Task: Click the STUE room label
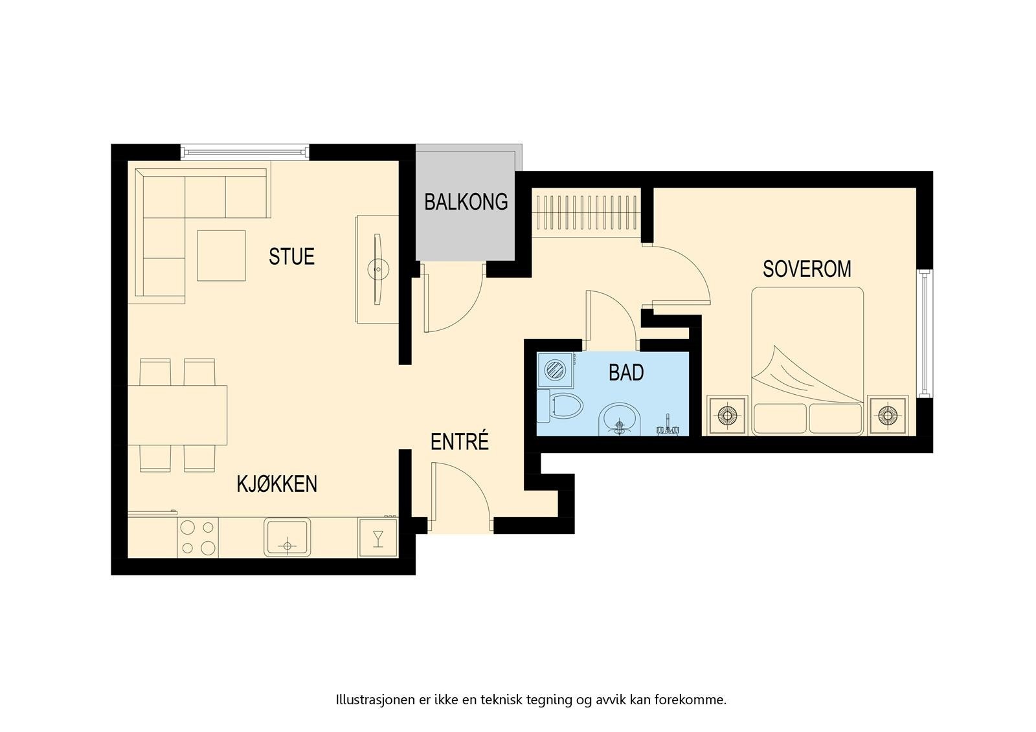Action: pyautogui.click(x=291, y=257)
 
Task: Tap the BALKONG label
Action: pyautogui.click(x=466, y=202)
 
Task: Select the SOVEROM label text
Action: pyautogui.click(x=807, y=269)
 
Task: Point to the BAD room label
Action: pyautogui.click(x=626, y=373)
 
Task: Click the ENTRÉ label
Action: pyautogui.click(x=459, y=441)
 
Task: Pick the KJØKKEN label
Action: pyautogui.click(x=277, y=484)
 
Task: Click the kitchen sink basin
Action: pyautogui.click(x=287, y=537)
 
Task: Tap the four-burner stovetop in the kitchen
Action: pyautogui.click(x=198, y=537)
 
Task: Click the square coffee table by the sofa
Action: pyautogui.click(x=221, y=256)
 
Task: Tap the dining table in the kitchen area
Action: pyautogui.click(x=177, y=416)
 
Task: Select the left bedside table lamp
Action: pyautogui.click(x=727, y=416)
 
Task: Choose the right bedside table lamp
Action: pyautogui.click(x=888, y=416)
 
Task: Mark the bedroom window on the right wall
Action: pyautogui.click(x=925, y=333)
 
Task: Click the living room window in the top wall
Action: pyautogui.click(x=245, y=152)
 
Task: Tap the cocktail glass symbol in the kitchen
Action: pyautogui.click(x=378, y=538)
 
